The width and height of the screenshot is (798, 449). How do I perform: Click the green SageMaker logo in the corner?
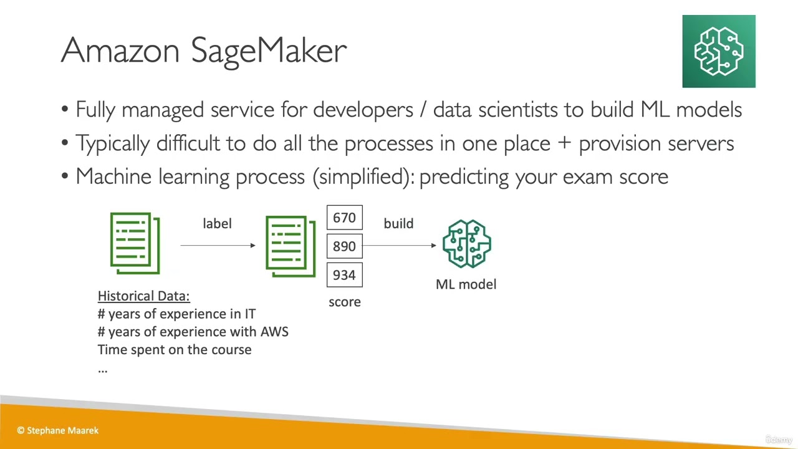[718, 51]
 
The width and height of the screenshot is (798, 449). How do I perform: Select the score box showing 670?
[344, 218]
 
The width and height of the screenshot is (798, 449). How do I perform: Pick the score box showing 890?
[344, 246]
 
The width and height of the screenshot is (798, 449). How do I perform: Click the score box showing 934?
[344, 275]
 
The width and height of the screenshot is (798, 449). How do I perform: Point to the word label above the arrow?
[217, 223]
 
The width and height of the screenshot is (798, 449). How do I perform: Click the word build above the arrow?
[398, 223]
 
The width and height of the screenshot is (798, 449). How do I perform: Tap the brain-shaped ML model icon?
[466, 244]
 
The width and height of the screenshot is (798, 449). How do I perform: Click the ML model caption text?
[466, 284]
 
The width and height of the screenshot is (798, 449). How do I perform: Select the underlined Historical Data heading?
[143, 296]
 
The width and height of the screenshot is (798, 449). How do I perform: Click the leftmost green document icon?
[135, 243]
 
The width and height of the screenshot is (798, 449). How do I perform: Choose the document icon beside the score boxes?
[291, 246]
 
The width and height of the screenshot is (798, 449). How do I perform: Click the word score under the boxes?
[344, 302]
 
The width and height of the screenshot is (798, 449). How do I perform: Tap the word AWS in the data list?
[274, 332]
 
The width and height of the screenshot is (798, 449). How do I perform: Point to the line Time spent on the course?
[175, 350]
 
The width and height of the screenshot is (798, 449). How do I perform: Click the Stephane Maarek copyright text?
[58, 430]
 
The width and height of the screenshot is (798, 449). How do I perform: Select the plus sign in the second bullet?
[564, 143]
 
